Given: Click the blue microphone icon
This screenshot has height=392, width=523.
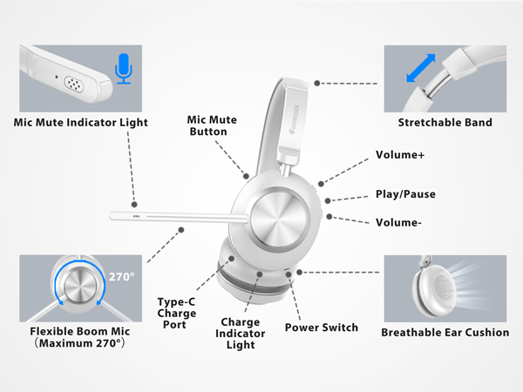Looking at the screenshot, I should pos(124,70).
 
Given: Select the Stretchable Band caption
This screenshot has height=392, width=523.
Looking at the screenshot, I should pos(445,122).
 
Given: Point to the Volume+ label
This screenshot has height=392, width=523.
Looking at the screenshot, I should pos(400,155).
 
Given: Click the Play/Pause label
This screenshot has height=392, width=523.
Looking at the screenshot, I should pos(405,194).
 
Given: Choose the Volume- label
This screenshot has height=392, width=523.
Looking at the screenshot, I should pos(398,222).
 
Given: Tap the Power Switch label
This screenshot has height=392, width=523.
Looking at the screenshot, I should pos(322,328).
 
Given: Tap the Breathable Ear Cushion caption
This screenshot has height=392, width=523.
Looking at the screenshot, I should pos(445,332).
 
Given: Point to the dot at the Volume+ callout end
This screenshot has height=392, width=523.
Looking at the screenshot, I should pos(321,183).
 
